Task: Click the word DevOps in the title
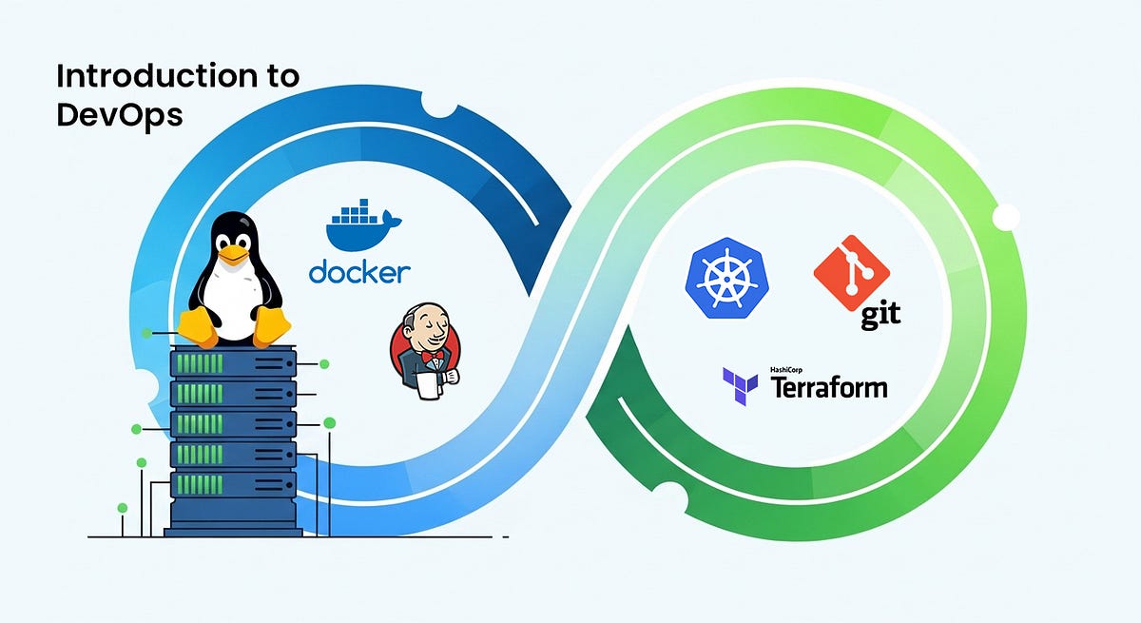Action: tap(120, 116)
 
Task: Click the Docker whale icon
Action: tap(363, 224)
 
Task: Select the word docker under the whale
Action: tap(359, 273)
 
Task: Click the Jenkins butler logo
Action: tap(425, 351)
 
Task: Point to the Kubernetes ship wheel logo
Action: tap(726, 278)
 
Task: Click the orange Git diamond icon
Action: tap(852, 273)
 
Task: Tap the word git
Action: tap(880, 314)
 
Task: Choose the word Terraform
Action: tap(829, 388)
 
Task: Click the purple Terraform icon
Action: tap(740, 386)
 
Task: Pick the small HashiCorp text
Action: tap(786, 370)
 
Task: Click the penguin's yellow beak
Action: tap(233, 254)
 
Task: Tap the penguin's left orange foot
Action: tap(199, 326)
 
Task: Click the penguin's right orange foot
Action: tap(272, 326)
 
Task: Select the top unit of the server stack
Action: tap(233, 362)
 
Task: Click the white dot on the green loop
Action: tap(1006, 217)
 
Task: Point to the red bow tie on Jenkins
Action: tap(432, 355)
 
